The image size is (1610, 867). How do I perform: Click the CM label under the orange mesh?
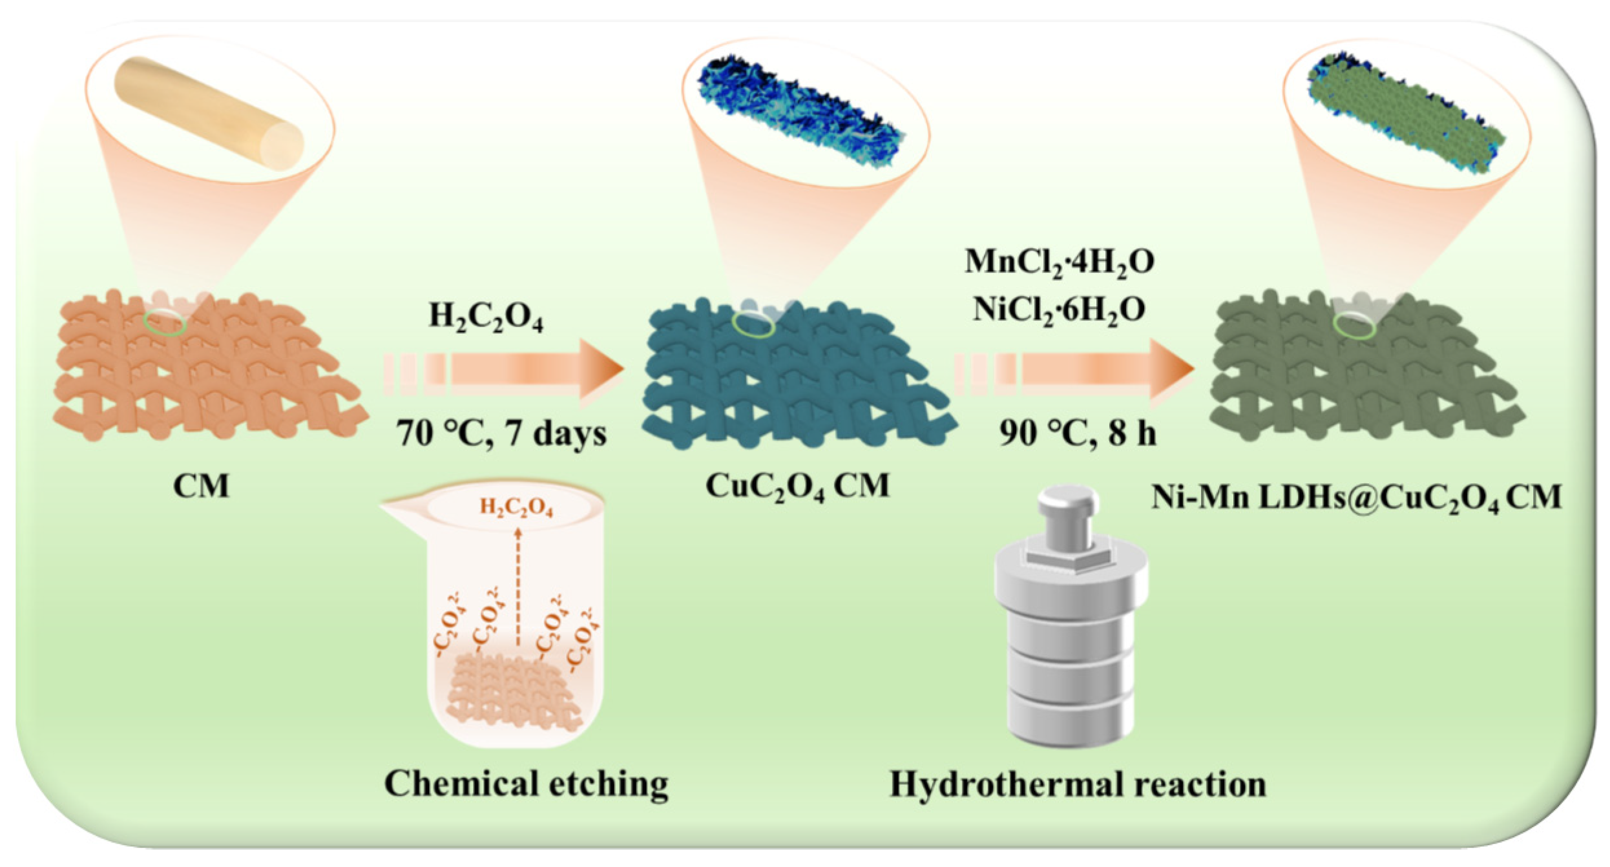(x=201, y=486)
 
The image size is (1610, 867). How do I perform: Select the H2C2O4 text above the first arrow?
(x=486, y=318)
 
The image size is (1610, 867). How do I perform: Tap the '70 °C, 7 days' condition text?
(x=501, y=433)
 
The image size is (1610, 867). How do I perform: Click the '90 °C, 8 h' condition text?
(x=1078, y=433)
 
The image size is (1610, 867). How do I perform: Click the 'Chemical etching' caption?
(x=526, y=784)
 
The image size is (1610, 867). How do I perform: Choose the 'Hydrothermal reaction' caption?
(x=1078, y=784)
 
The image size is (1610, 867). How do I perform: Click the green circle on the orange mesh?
(x=165, y=322)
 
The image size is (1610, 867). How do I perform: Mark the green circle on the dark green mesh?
(x=1355, y=326)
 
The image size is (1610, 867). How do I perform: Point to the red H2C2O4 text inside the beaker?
(x=516, y=508)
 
